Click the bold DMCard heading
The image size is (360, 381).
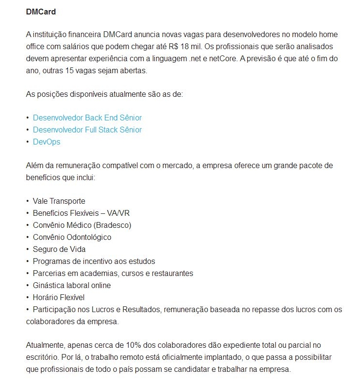41,11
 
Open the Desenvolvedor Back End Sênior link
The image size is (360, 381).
87,118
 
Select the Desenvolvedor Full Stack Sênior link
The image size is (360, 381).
87,130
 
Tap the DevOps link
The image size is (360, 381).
46,142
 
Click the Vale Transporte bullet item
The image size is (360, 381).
59,201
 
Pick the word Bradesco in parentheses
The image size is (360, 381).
112,225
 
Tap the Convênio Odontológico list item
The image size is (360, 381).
72,237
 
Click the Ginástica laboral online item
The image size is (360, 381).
72,285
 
